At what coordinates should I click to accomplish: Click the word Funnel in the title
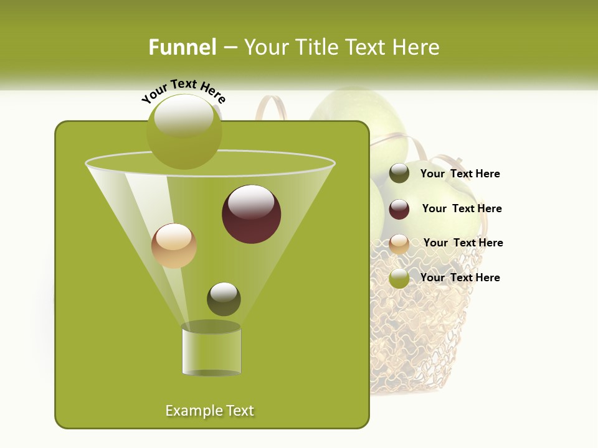[182, 47]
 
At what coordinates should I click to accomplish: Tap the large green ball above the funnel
[184, 132]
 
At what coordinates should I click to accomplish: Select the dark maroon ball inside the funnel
[251, 214]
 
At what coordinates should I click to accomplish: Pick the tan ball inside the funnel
[174, 246]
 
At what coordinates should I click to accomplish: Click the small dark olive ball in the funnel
[224, 299]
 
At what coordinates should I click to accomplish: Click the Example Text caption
[209, 411]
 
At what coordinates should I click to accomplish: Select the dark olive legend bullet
[399, 174]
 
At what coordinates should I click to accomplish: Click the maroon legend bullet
[399, 209]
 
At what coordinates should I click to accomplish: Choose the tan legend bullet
[399, 244]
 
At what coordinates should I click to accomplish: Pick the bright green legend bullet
[399, 278]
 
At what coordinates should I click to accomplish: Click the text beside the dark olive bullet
[460, 174]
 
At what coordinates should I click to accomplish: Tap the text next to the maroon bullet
[462, 208]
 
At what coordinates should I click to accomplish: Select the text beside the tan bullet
[463, 243]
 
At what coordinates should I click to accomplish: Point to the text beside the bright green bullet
[460, 278]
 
